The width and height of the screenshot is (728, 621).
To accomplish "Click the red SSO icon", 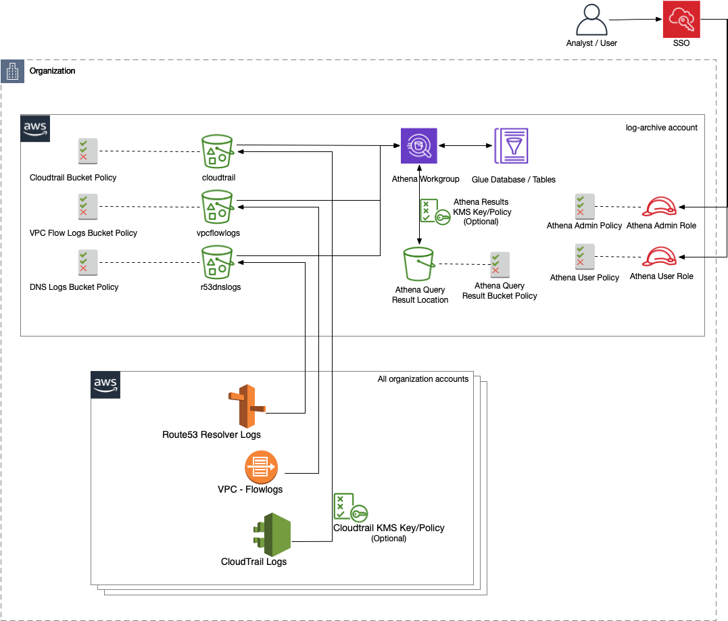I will click(x=681, y=20).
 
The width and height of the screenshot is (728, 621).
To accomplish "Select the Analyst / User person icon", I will click(x=591, y=20).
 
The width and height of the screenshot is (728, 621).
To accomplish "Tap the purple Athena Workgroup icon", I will click(x=418, y=145).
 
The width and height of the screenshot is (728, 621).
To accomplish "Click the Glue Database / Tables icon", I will click(x=511, y=145).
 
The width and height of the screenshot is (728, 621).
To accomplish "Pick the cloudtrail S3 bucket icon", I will click(x=218, y=150).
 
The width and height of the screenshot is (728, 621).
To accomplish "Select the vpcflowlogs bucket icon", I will click(x=218, y=206).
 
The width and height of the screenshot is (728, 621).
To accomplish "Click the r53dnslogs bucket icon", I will click(x=218, y=262).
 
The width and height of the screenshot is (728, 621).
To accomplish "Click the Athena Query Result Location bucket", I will click(x=419, y=264).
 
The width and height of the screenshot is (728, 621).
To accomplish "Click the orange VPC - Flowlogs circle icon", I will click(x=262, y=467).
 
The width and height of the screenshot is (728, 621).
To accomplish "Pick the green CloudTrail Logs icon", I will click(x=272, y=534).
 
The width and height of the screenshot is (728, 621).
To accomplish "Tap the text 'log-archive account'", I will click(x=662, y=127).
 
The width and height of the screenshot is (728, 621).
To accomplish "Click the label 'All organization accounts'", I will click(x=422, y=379).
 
